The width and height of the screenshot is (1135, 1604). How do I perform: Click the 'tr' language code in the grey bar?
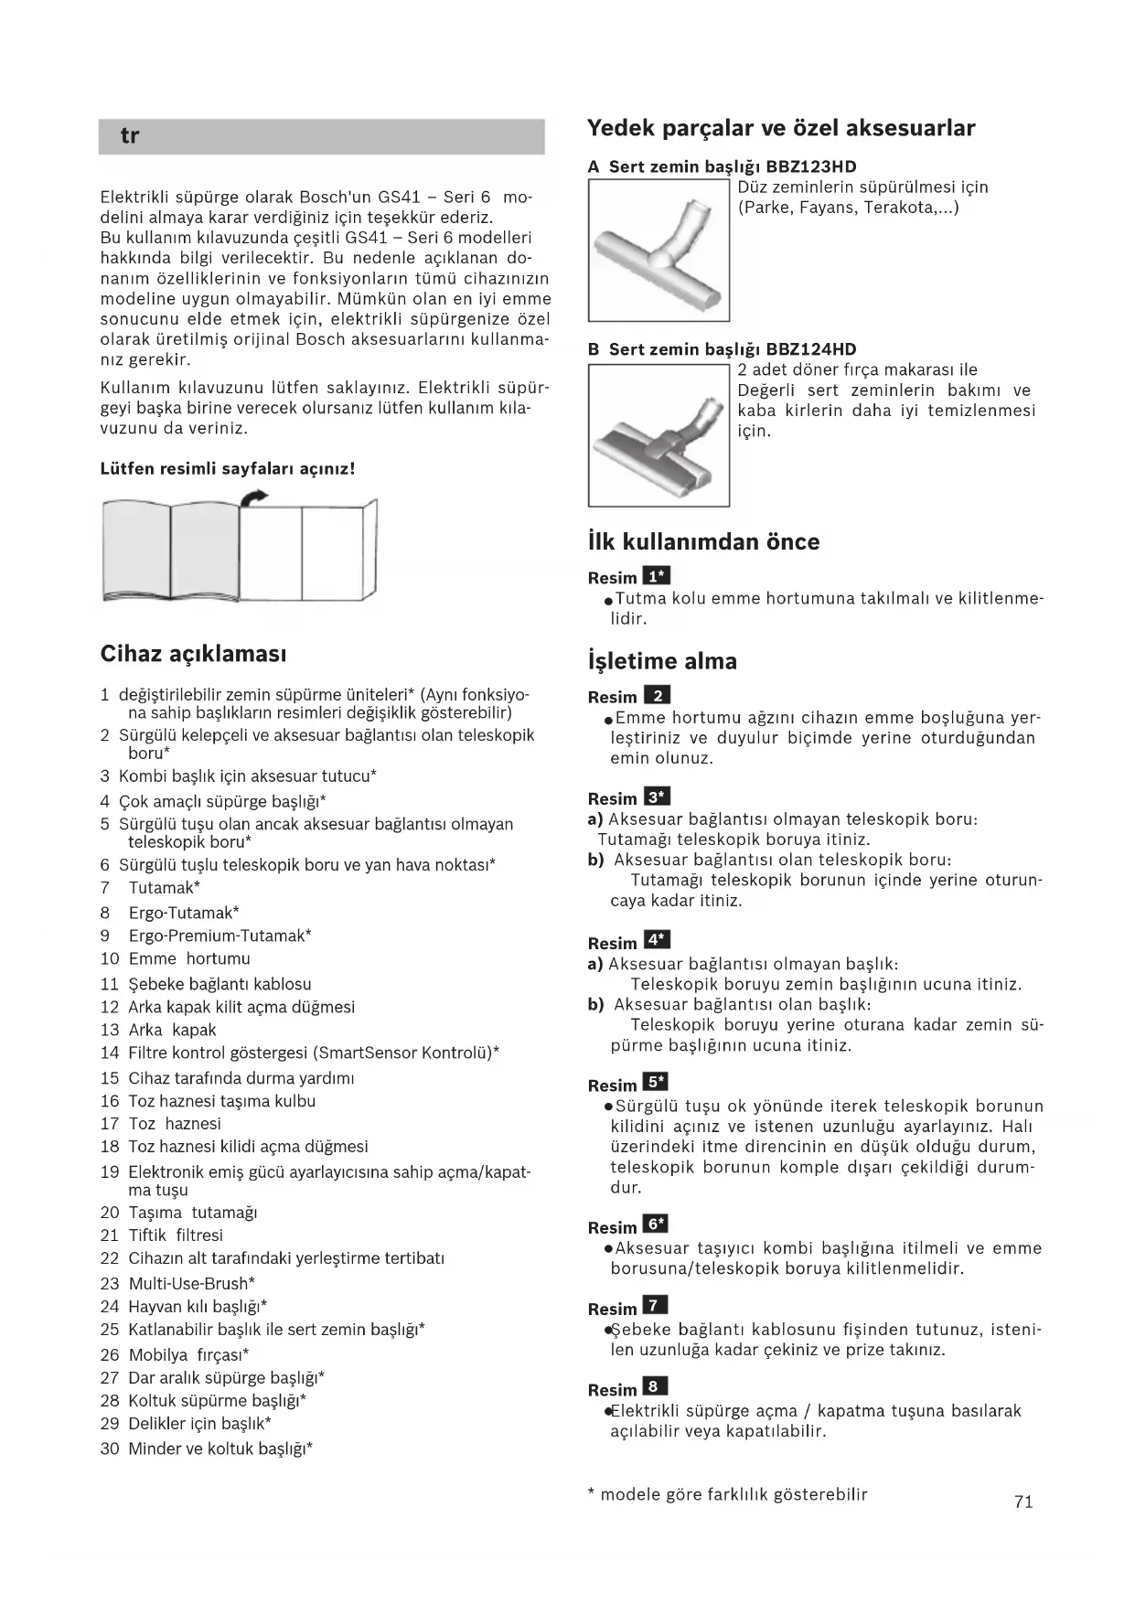129,136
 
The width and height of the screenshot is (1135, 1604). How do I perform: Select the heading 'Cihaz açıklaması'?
193,654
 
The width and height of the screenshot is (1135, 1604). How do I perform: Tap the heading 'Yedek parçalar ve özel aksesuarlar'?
780,128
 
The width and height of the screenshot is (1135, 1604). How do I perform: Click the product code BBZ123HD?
811,166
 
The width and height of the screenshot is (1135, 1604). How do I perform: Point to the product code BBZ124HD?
811,349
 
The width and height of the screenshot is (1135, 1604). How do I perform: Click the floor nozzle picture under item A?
659,250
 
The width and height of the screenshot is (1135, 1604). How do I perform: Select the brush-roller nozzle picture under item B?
659,435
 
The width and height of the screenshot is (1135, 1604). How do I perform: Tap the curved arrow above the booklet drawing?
254,496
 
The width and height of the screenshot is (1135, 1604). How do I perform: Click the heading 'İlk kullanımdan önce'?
703,541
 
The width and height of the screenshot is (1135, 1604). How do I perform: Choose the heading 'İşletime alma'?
662,661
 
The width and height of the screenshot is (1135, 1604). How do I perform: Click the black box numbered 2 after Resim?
657,695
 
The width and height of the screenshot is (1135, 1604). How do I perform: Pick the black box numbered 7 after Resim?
655,1306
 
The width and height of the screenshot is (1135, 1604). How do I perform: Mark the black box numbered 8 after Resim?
655,1386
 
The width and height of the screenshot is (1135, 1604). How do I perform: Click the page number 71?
1023,1502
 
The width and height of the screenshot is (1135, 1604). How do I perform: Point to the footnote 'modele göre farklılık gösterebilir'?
733,1494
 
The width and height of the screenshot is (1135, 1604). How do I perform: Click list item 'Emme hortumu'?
189,958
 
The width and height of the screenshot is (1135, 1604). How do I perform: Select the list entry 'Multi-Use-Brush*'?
191,1283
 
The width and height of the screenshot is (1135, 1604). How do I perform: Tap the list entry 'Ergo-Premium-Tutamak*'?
220,936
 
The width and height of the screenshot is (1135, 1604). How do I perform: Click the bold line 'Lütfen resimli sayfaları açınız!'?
227,469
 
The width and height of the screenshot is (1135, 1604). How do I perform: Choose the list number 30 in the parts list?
110,1449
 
